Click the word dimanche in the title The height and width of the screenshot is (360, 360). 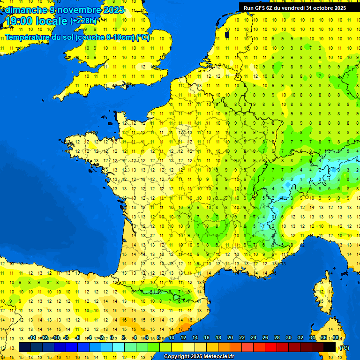click(x=25, y=10)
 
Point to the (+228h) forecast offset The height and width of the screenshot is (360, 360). click(x=83, y=21)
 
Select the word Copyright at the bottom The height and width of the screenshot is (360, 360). click(x=176, y=357)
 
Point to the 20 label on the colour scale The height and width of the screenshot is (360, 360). click(x=230, y=338)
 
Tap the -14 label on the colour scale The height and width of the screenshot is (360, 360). click(x=32, y=338)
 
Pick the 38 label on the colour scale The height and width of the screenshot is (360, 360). click(x=335, y=338)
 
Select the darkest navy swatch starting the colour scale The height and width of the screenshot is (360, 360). click(x=25, y=347)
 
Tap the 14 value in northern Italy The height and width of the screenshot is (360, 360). click(x=311, y=207)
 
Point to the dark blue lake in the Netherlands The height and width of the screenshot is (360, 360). click(x=227, y=34)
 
